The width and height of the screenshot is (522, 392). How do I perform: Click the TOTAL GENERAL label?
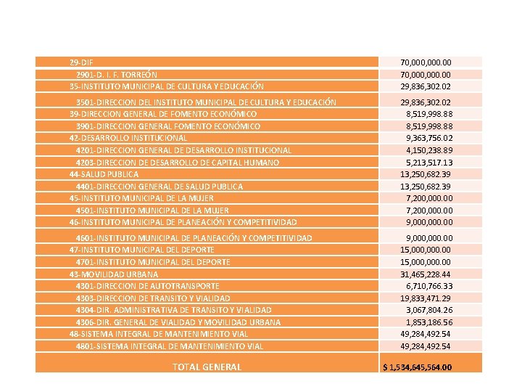207,367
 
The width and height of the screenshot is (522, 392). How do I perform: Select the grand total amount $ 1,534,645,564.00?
418,367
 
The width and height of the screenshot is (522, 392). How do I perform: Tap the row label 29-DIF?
81,62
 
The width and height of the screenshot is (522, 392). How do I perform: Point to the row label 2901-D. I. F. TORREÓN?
117,74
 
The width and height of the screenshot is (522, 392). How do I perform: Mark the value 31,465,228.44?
426,274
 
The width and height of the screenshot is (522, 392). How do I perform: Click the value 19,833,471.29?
426,298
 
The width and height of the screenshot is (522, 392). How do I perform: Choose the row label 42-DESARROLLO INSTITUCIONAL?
128,138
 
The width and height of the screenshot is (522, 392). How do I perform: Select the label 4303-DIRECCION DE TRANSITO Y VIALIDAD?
153,298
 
